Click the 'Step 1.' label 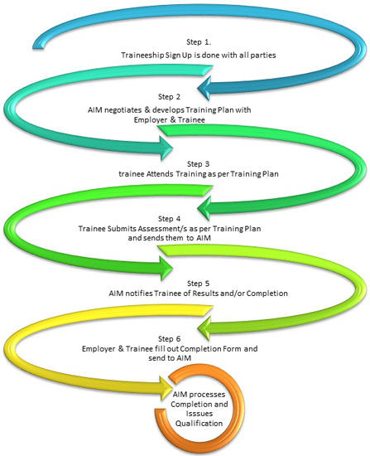click(199, 42)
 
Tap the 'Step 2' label click(170, 97)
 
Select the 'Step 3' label click(198, 164)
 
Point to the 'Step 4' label click(170, 219)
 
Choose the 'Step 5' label click(198, 284)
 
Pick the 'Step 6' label click(170, 339)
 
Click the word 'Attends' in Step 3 click(160, 174)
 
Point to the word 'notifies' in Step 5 click(139, 293)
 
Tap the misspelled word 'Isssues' click(199, 414)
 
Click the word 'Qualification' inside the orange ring click(199, 423)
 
